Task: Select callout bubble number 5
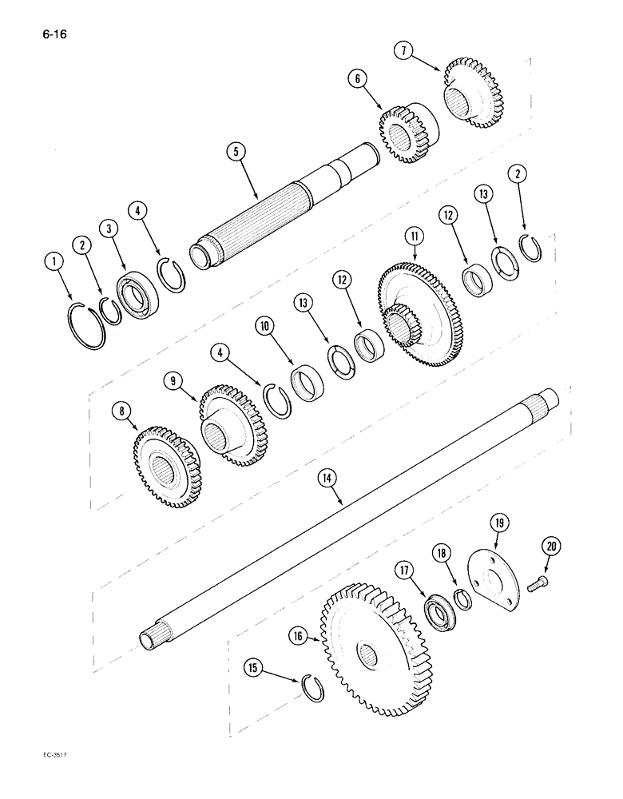(233, 149)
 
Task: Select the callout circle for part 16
(298, 635)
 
